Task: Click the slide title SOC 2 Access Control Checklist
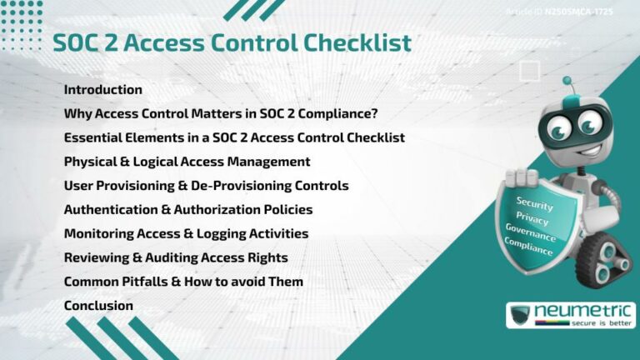(232, 42)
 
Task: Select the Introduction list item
(103, 89)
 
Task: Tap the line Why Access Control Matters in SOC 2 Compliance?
(225, 113)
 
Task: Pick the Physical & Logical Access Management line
(187, 161)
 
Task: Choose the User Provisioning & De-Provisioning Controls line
(206, 185)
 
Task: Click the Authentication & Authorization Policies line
(188, 209)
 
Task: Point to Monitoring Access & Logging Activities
(186, 233)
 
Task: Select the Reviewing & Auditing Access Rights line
(175, 257)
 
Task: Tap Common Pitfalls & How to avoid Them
(183, 282)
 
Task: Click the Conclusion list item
(98, 306)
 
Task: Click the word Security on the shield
(534, 202)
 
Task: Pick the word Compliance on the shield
(528, 247)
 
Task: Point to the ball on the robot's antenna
(567, 81)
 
